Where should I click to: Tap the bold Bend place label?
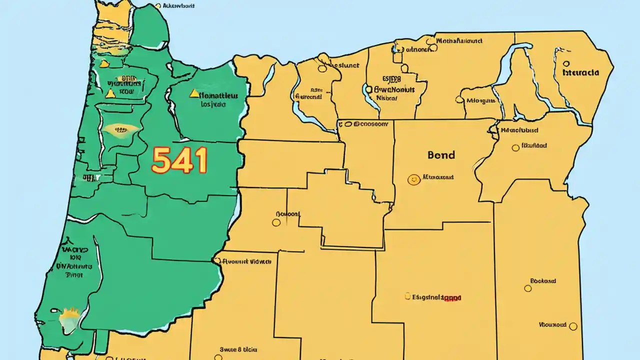point(441,155)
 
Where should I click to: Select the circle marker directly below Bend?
point(413,179)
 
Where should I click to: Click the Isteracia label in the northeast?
point(580,72)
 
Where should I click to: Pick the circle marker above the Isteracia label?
point(566,64)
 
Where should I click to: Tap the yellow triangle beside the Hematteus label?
point(192,93)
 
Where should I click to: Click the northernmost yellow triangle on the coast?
point(103,63)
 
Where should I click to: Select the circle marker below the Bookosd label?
point(527,288)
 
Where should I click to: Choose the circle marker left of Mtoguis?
point(459,99)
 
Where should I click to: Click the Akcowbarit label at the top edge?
point(176,6)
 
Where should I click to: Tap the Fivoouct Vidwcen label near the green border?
point(246,261)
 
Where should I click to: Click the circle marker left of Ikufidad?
point(515,147)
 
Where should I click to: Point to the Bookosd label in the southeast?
point(543,281)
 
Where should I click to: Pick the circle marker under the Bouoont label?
point(276,222)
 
